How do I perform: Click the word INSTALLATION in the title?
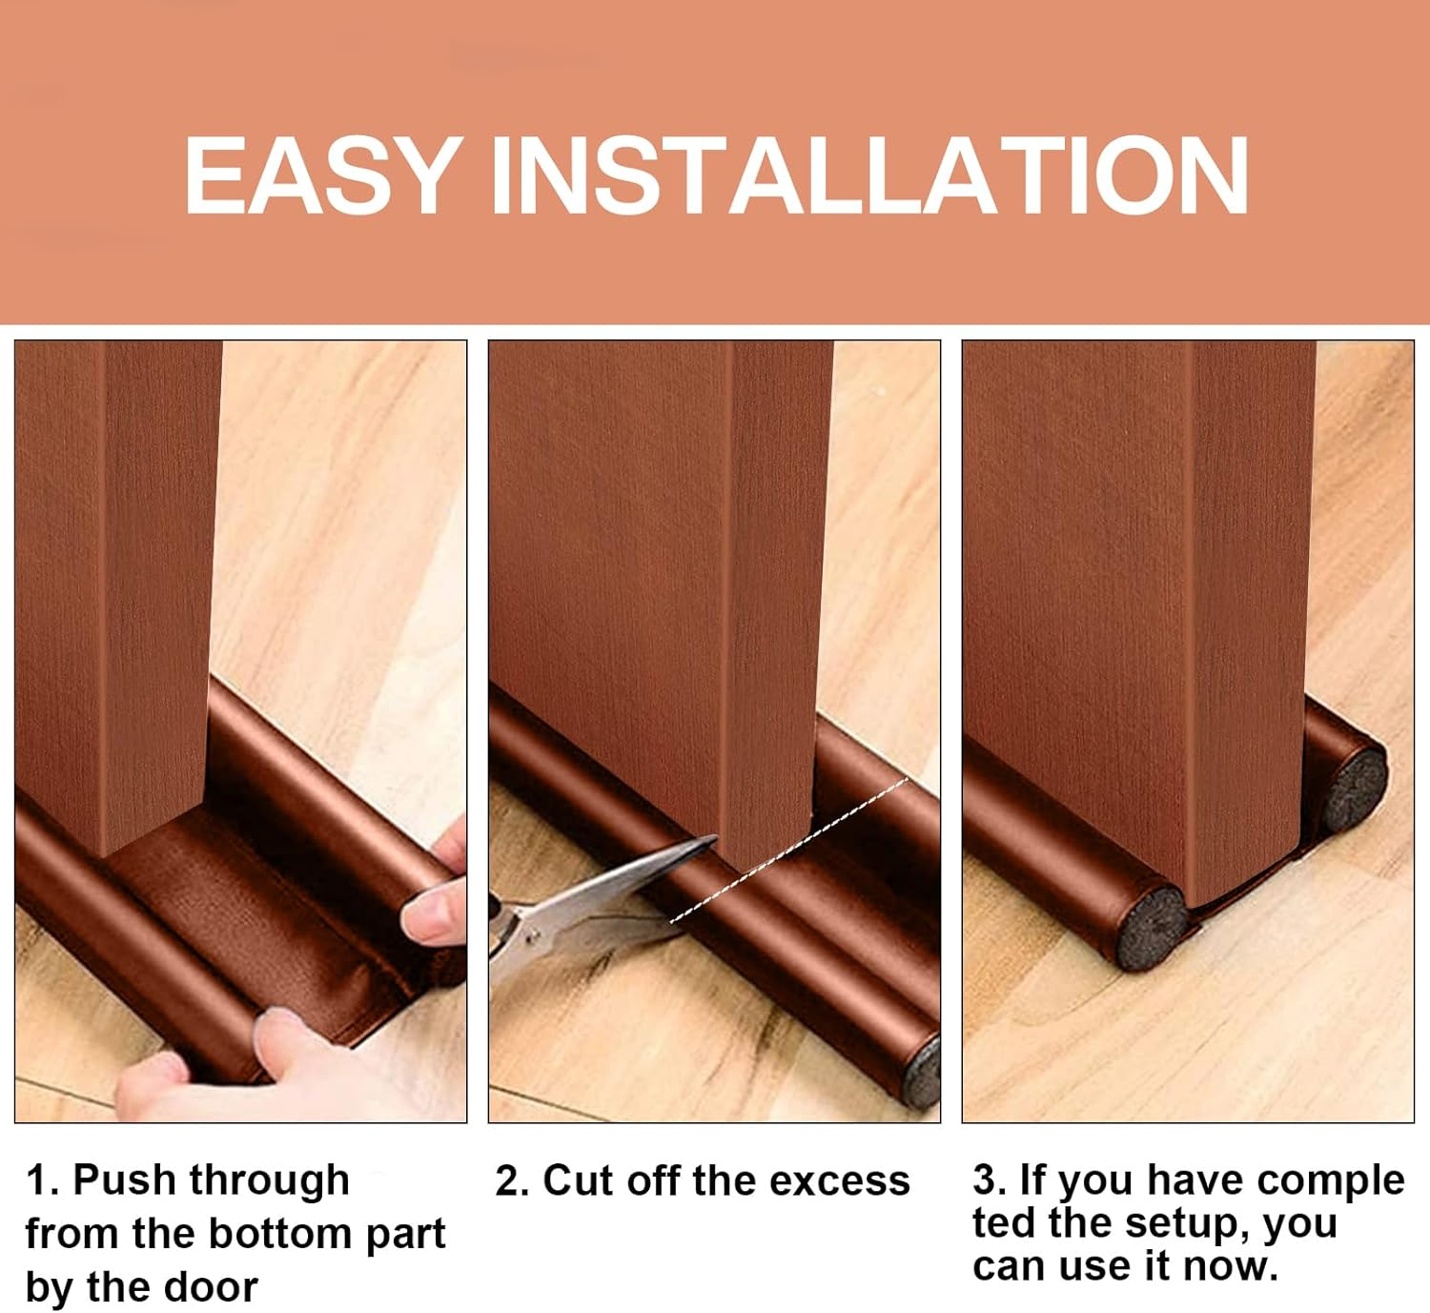(868, 175)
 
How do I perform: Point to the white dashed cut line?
(791, 850)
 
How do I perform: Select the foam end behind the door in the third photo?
(1355, 788)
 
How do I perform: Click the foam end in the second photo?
(921, 1073)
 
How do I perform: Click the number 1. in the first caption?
(43, 1180)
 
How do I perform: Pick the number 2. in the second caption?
(512, 1181)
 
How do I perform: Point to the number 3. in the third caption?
(990, 1180)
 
